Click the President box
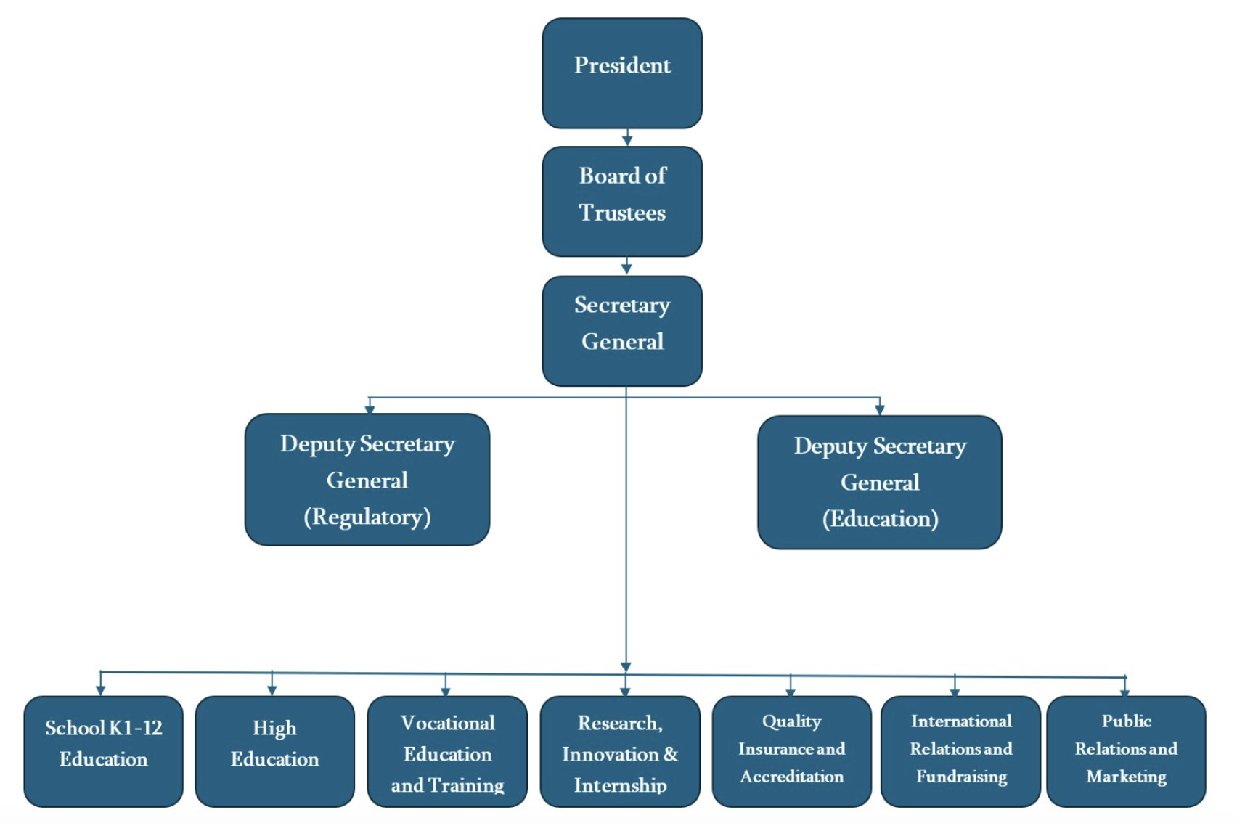(622, 73)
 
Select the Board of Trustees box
(622, 202)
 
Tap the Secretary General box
(622, 331)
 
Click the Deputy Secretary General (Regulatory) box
(367, 480)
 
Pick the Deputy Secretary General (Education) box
(880, 482)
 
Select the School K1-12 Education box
(103, 751)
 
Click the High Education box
(274, 751)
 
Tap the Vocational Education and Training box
(447, 751)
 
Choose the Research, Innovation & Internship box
(620, 751)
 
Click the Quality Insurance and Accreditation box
(791, 751)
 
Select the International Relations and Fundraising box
(960, 751)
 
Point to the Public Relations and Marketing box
(1126, 751)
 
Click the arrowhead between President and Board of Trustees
(627, 139)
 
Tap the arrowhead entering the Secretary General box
(626, 269)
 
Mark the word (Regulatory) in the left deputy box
(367, 517)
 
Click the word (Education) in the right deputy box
(880, 519)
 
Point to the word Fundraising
(961, 777)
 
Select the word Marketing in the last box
(1126, 777)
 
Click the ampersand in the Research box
(670, 754)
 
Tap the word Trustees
(622, 213)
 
